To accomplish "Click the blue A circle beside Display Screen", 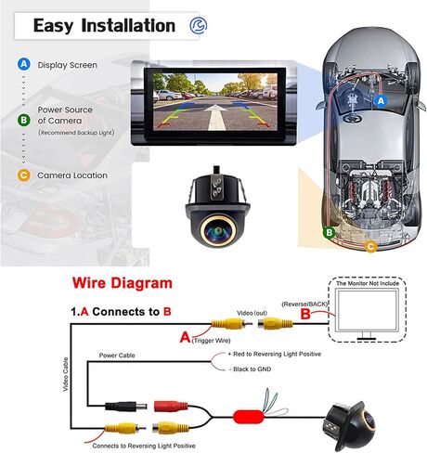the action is click(24, 64).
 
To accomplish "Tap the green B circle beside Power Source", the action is click(24, 120).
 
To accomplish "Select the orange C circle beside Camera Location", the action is click(24, 175).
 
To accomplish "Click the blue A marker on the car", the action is click(381, 101).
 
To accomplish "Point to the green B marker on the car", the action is click(330, 232).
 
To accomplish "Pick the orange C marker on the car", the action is click(370, 246).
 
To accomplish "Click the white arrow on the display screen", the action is click(216, 117).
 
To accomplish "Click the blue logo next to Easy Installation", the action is click(199, 25).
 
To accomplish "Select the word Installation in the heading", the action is click(128, 25).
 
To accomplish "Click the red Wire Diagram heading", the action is click(123, 283).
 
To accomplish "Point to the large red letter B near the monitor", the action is click(305, 314).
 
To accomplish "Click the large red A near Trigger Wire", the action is click(185, 337).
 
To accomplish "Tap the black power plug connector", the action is click(126, 406).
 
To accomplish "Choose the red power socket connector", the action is click(171, 406).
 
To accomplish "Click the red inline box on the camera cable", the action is click(248, 417).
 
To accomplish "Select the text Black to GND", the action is click(252, 369).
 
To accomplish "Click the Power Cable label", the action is click(117, 356).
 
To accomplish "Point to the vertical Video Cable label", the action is click(66, 374).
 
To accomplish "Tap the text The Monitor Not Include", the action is click(368, 283).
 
